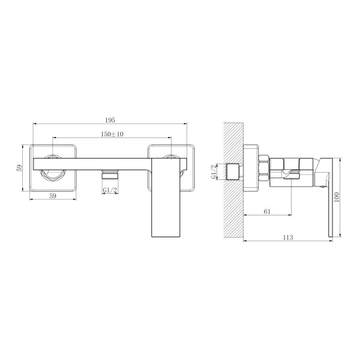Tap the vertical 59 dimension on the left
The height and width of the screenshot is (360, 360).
tap(20, 169)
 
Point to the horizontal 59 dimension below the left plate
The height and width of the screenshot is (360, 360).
tap(52, 195)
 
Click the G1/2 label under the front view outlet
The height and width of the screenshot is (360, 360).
tap(109, 190)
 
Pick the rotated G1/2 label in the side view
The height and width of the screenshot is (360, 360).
tap(214, 173)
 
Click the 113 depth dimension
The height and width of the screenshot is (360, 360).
tap(287, 238)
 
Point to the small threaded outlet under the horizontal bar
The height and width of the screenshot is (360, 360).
tap(109, 175)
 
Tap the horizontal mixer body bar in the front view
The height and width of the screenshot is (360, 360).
tap(90, 162)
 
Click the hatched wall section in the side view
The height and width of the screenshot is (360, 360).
tap(233, 180)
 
